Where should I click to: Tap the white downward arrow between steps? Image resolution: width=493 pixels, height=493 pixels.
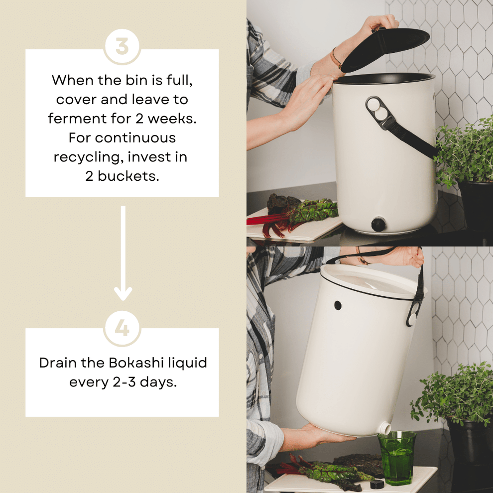point(123,254)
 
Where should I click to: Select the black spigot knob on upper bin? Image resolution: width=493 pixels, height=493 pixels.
point(378,224)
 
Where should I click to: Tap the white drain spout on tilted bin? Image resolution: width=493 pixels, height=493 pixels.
point(383,428)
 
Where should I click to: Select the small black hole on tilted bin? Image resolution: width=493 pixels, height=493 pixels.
point(338,305)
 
